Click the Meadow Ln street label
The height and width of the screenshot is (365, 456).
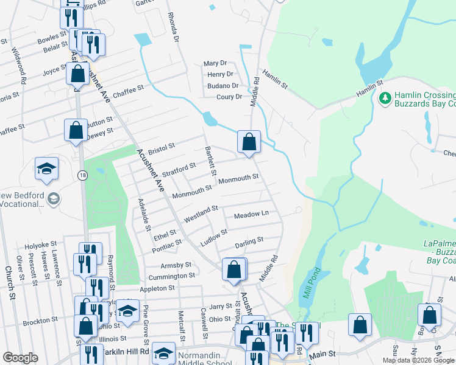point(251,215)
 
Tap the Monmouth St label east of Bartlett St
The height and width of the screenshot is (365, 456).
point(239,178)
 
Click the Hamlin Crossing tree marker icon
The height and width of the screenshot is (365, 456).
point(385,97)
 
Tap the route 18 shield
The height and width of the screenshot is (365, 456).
point(82,175)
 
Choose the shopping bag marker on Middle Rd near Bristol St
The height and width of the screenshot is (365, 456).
point(249,142)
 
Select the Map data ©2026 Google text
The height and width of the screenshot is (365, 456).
point(418,360)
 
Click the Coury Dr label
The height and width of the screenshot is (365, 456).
point(229,97)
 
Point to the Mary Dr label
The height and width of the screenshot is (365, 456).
point(215,63)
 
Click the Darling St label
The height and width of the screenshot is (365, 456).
point(249,243)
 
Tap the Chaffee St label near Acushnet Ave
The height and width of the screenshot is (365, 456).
point(127,88)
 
